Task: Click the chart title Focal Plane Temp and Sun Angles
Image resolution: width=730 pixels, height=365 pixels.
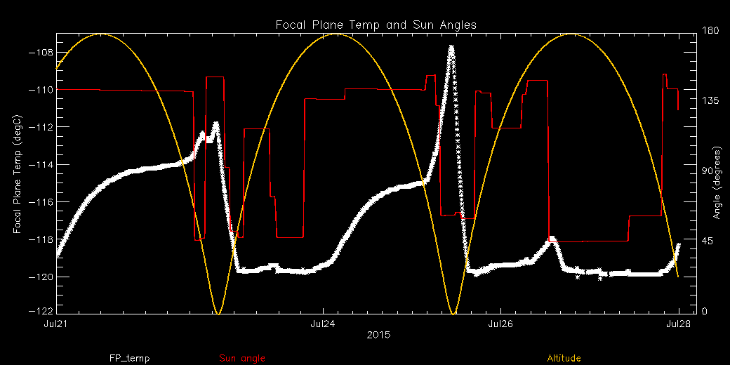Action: pos(376,25)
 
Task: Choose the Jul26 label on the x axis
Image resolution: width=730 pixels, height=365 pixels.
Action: pos(500,324)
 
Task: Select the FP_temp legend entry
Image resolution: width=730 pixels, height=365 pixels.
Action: pos(129,359)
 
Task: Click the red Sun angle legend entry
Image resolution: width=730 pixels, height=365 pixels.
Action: pos(242,359)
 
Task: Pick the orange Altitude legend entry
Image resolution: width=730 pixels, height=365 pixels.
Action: pos(564,359)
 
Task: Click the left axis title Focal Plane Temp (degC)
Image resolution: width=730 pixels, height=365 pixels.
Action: pos(17,165)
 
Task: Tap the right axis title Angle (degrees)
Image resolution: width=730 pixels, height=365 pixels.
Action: pos(717,182)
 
